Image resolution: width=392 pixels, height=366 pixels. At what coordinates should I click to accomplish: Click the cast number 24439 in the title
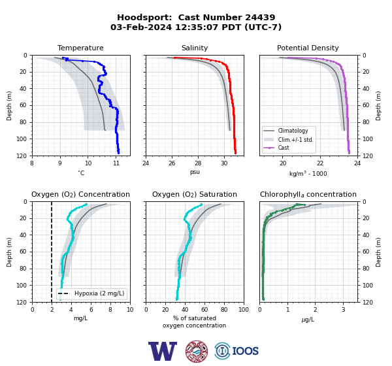pyautogui.click(x=260, y=18)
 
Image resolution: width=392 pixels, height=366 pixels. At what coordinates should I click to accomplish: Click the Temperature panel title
pyautogui.click(x=80, y=48)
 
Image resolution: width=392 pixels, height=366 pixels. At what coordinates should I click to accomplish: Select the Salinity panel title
pyautogui.click(x=195, y=48)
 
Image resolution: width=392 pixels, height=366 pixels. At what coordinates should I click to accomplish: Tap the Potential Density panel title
pyautogui.click(x=308, y=48)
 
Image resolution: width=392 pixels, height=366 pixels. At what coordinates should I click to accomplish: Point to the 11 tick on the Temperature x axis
pyautogui.click(x=116, y=163)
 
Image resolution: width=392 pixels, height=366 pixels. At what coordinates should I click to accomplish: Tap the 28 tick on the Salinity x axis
pyautogui.click(x=198, y=163)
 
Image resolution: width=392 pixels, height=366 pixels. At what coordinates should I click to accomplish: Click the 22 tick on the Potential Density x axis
pyautogui.click(x=320, y=163)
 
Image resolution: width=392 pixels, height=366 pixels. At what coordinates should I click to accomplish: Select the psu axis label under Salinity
pyautogui.click(x=195, y=172)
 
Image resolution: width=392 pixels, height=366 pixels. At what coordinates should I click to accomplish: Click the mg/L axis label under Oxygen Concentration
pyautogui.click(x=80, y=318)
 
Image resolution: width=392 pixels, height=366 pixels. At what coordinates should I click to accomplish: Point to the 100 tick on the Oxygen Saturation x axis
pyautogui.click(x=244, y=310)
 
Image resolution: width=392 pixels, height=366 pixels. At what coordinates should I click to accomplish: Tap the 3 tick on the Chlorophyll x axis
pyautogui.click(x=344, y=310)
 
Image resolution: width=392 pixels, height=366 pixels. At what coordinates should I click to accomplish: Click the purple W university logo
pyautogui.click(x=163, y=351)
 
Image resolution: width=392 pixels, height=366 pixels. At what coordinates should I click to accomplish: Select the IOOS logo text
pyautogui.click(x=245, y=351)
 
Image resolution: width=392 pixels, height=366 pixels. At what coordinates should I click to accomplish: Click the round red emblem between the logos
pyautogui.click(x=197, y=351)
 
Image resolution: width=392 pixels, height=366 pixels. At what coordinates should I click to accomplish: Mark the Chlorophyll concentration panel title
pyautogui.click(x=308, y=194)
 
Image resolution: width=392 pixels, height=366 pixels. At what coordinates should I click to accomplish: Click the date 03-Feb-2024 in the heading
pyautogui.click(x=141, y=27)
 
